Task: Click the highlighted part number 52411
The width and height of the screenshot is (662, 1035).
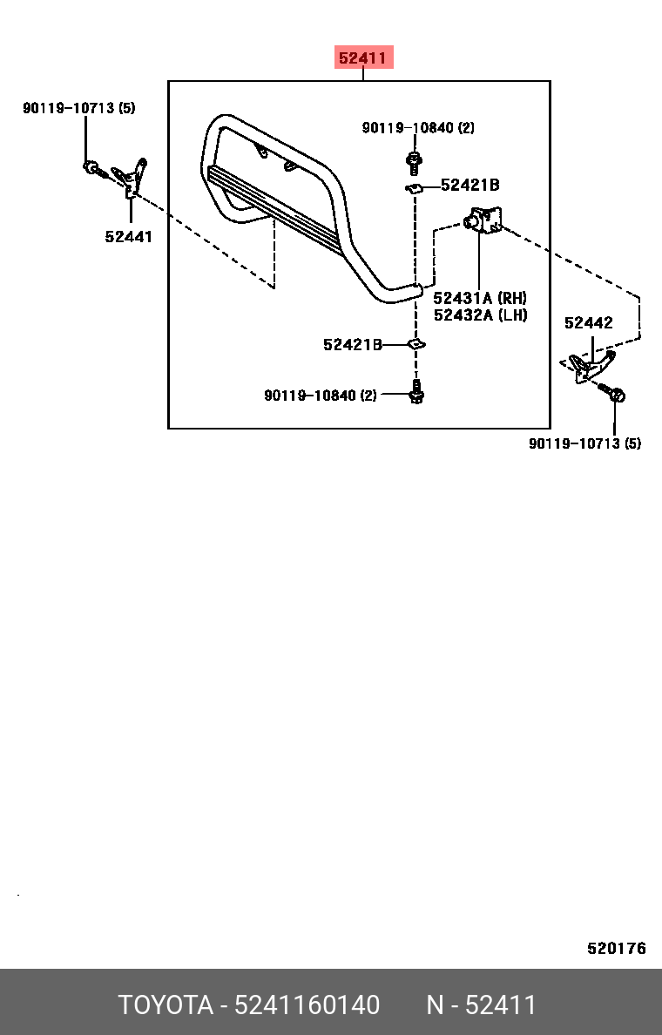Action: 362,58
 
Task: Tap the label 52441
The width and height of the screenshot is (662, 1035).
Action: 129,236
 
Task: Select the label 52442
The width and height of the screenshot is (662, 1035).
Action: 589,322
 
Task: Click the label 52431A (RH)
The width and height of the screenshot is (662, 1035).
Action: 480,298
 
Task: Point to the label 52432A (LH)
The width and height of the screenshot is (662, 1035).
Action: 481,315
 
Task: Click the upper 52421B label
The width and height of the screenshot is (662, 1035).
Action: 470,186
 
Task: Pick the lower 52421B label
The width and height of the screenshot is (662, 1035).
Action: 353,344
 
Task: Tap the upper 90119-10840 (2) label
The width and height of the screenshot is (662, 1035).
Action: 418,127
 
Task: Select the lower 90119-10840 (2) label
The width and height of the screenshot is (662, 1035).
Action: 320,396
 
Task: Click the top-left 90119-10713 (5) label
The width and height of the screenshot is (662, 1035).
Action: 79,107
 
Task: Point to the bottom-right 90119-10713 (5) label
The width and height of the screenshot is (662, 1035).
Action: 584,443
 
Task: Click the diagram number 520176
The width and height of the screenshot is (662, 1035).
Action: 617,949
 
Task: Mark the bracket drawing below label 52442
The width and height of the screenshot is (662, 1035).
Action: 591,368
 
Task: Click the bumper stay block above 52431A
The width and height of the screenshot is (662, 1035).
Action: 483,220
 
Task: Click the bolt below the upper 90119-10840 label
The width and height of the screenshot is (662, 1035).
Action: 414,162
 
